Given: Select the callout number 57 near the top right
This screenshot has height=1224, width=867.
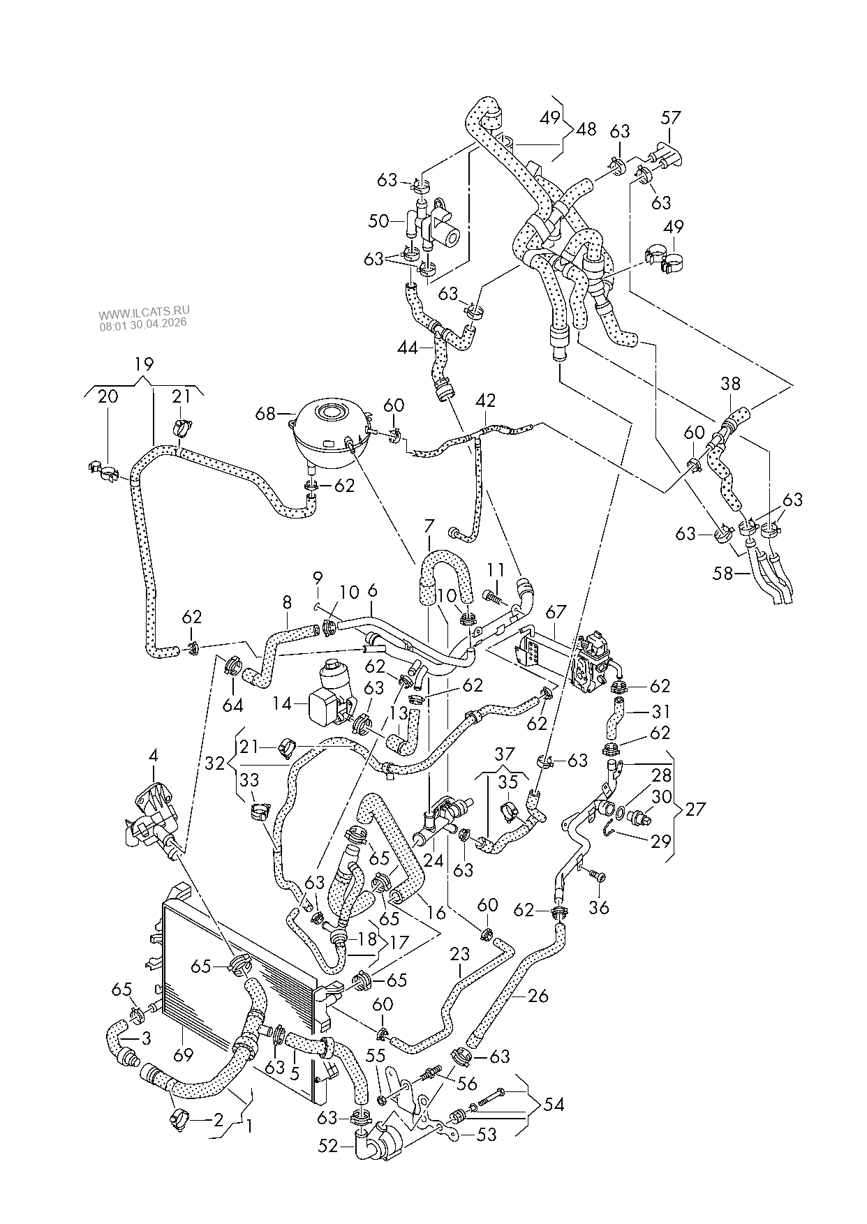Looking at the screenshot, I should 670,117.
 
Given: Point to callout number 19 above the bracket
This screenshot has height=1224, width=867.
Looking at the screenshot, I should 144,364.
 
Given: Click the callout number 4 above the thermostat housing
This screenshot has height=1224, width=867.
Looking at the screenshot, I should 153,755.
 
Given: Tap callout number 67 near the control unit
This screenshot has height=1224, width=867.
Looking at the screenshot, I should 556,612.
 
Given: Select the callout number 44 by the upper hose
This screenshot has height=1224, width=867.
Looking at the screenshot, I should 408,346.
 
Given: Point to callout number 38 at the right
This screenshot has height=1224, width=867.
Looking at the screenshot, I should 731,383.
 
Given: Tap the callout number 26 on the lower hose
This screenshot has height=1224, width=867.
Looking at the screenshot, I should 538,996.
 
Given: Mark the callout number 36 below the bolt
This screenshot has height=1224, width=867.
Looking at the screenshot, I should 599,906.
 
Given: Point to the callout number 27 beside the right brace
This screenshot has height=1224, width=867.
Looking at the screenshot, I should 695,809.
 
